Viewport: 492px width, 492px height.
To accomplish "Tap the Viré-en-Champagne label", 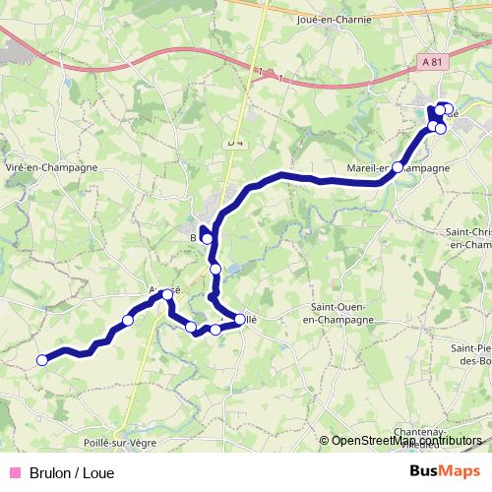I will pyautogui.click(x=51, y=168).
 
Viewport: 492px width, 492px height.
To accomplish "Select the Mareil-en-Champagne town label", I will pyautogui.click(x=400, y=168).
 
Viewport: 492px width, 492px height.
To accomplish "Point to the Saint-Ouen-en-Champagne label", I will pyautogui.click(x=338, y=315).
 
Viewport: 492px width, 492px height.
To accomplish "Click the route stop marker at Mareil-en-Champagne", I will pyautogui.click(x=398, y=167).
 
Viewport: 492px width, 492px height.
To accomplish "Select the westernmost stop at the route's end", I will pyautogui.click(x=41, y=360).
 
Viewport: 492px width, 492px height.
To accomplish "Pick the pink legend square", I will pyautogui.click(x=14, y=472).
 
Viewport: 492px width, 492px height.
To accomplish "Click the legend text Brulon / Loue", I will pyautogui.click(x=72, y=472).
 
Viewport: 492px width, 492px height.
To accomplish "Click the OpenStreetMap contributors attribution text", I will pyautogui.click(x=406, y=441).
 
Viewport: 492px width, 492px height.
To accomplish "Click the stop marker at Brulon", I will pyautogui.click(x=207, y=238).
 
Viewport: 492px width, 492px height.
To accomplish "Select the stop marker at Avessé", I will pyautogui.click(x=167, y=294).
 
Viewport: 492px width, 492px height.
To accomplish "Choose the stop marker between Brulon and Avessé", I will pyautogui.click(x=215, y=269).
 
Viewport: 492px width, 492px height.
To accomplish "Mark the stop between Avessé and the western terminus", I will pyautogui.click(x=128, y=320).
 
